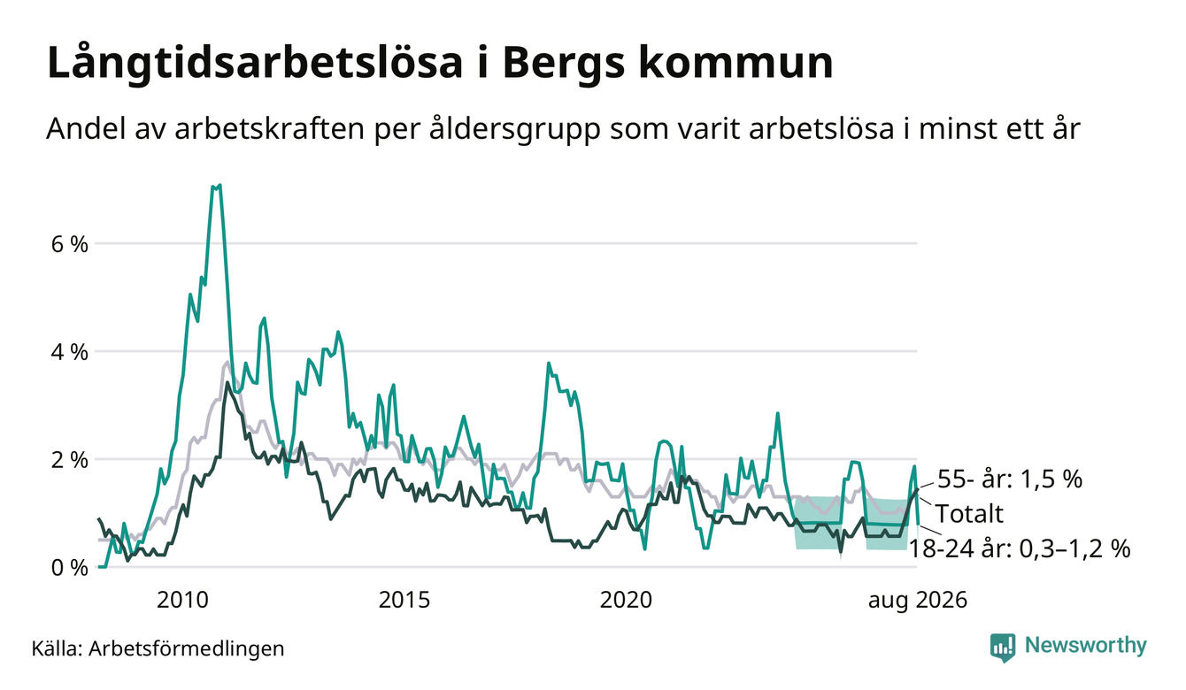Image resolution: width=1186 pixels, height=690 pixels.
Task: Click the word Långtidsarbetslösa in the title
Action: [255, 64]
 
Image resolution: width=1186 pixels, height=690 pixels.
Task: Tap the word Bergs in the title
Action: [563, 64]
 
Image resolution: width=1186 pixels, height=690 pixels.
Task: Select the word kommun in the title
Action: [735, 63]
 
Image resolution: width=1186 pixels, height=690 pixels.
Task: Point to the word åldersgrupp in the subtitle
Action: [514, 129]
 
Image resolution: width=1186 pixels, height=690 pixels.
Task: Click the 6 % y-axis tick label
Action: [69, 244]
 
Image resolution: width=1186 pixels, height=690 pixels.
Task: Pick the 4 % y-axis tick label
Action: [69, 352]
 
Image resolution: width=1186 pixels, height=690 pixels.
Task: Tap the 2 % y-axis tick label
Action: [69, 460]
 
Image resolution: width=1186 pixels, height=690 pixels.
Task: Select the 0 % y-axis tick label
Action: [69, 568]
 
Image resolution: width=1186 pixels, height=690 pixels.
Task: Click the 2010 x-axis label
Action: [182, 600]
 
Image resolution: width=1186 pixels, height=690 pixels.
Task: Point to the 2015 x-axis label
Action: [404, 600]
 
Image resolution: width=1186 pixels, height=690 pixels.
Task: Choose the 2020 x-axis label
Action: [626, 600]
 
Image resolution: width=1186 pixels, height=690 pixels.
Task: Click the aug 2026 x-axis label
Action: [918, 601]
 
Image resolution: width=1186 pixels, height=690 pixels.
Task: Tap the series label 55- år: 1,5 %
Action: [1010, 479]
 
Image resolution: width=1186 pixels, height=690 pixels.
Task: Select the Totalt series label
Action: [969, 513]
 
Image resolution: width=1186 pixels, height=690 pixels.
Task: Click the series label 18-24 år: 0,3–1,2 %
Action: [1020, 548]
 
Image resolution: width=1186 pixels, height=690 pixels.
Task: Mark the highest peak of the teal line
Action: [219, 185]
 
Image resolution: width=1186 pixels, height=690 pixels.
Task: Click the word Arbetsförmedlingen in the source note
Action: [187, 648]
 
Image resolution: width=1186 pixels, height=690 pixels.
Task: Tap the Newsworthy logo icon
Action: [1003, 648]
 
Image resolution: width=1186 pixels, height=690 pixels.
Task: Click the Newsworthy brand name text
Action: [1086, 646]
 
